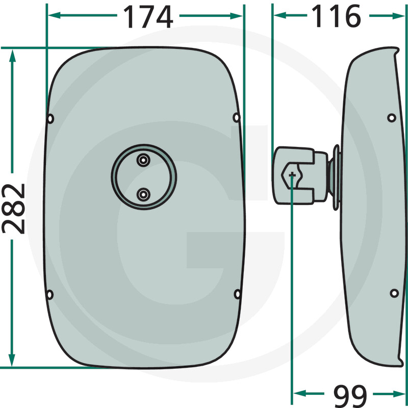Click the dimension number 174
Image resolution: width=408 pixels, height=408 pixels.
[x=148, y=17]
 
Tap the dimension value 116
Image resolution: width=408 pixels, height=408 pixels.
[x=336, y=16]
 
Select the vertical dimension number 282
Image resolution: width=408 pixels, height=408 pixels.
[x=14, y=209]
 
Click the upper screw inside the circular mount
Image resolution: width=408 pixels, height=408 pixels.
[x=143, y=160]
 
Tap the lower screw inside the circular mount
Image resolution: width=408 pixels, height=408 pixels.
[x=143, y=194]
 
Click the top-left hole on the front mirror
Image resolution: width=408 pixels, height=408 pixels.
[x=50, y=119]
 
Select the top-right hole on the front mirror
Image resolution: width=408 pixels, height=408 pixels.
[x=236, y=118]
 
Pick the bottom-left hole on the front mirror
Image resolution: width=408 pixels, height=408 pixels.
[x=49, y=295]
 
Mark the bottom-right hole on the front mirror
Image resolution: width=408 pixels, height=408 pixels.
[x=237, y=294]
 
